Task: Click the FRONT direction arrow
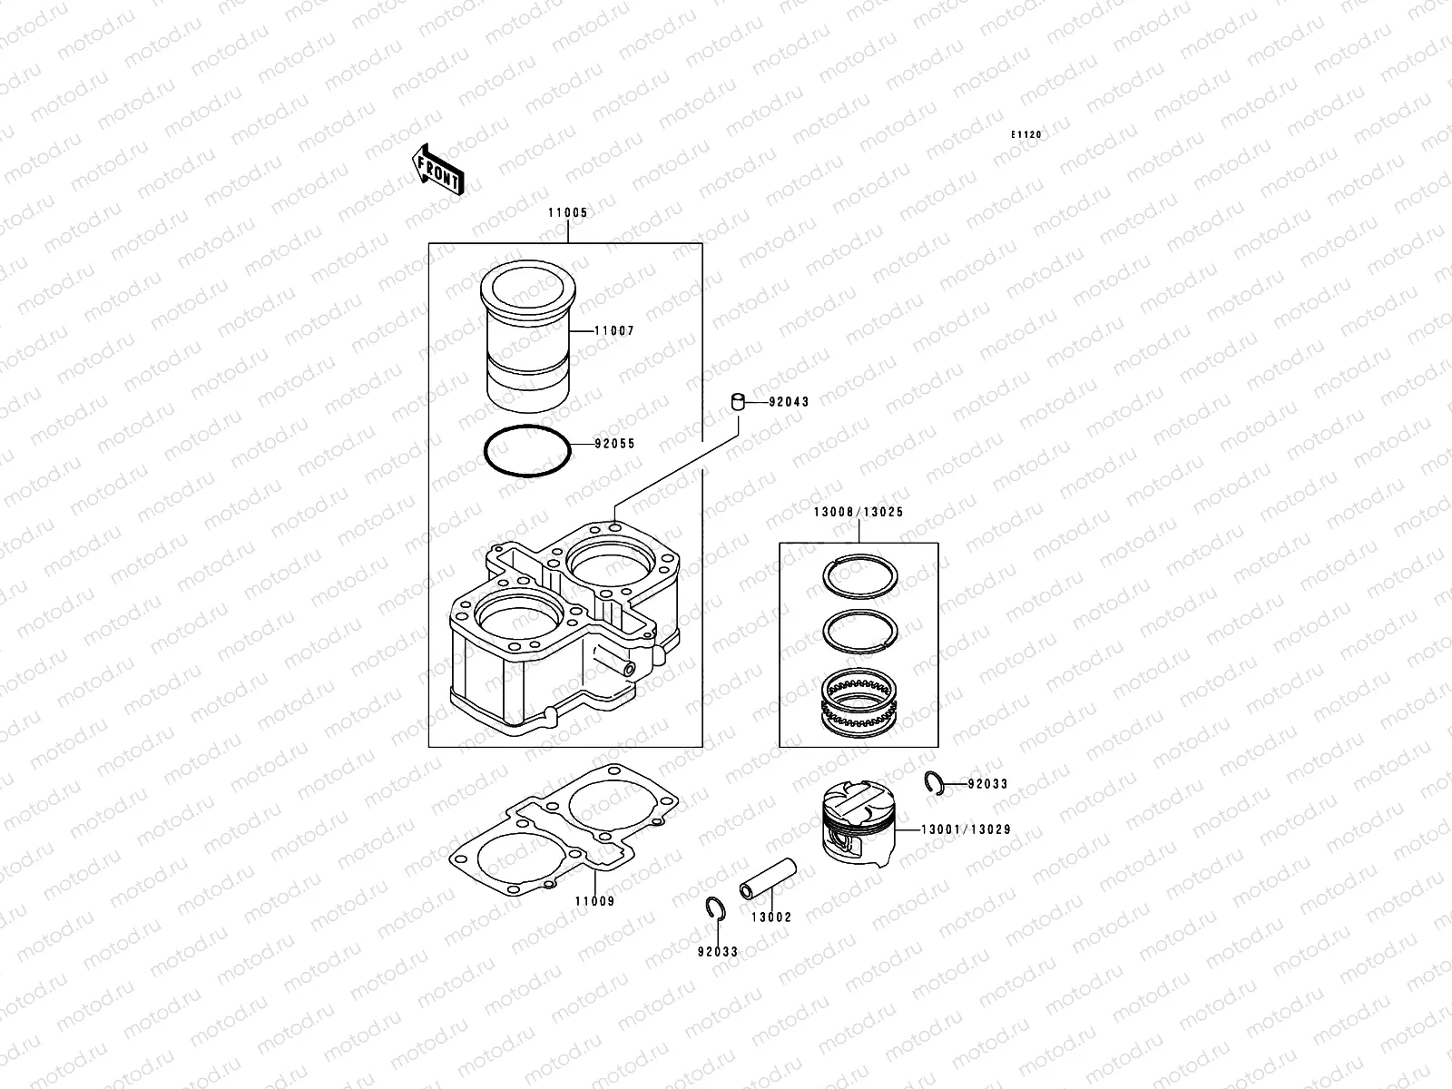(439, 169)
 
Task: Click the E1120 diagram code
(1027, 135)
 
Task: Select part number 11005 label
(567, 213)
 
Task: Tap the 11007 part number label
(614, 331)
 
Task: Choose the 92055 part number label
(614, 445)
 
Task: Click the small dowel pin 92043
(740, 401)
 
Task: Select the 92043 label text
(788, 401)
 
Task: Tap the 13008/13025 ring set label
(858, 512)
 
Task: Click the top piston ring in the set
(860, 575)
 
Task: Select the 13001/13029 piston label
(966, 829)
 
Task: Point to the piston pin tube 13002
(768, 879)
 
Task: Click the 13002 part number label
(770, 917)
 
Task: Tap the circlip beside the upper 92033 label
(936, 783)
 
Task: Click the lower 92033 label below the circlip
(717, 952)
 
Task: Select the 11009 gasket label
(594, 901)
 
